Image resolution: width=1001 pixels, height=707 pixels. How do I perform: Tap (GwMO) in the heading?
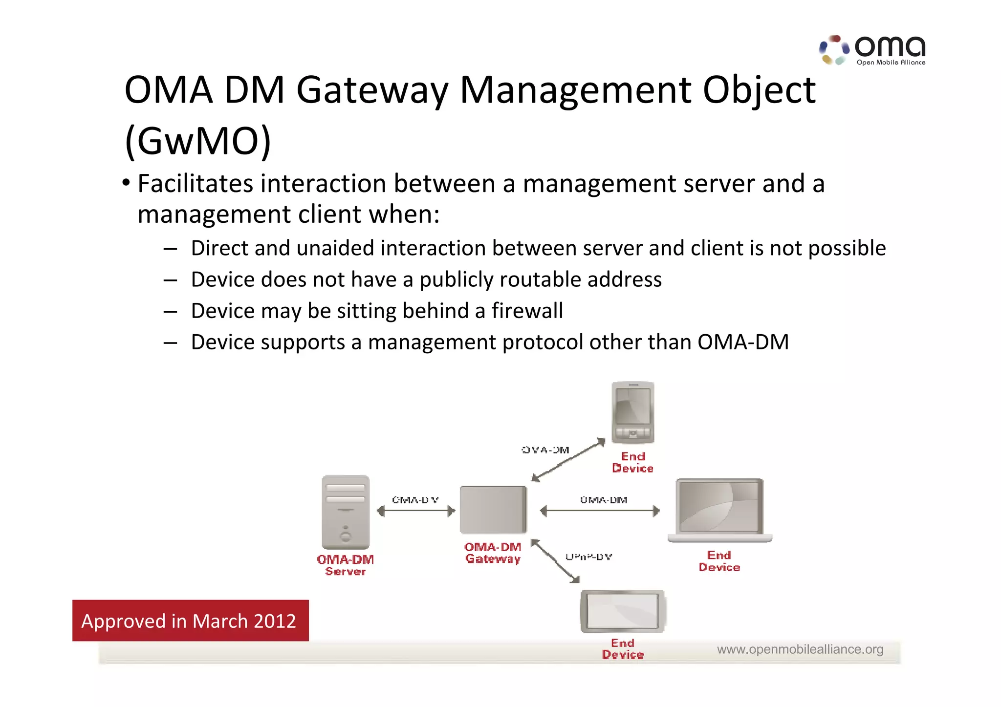[198, 142]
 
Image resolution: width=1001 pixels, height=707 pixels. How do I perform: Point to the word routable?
[540, 280]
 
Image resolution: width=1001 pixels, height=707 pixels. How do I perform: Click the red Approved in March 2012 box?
[190, 621]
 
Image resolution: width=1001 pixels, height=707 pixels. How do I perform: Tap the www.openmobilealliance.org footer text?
[800, 649]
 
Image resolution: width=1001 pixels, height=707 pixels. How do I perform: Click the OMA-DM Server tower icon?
[346, 512]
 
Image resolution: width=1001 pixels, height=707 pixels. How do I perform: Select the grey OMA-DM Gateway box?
[493, 510]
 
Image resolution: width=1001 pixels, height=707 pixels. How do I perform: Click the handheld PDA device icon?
[632, 412]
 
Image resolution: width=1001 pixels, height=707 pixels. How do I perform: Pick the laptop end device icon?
[719, 510]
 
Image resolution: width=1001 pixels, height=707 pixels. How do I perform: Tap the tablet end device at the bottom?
[622, 611]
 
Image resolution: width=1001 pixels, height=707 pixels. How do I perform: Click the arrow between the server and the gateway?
[416, 512]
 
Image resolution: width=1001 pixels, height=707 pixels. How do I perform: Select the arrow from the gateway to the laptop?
[600, 512]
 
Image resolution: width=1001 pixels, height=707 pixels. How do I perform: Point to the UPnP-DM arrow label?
[588, 557]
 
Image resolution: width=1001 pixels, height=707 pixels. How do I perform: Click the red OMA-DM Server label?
[345, 565]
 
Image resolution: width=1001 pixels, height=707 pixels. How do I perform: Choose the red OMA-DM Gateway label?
[493, 553]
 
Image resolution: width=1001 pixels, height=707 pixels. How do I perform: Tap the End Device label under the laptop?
[719, 561]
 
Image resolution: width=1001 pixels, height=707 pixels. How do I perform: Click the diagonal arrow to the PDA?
[568, 460]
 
